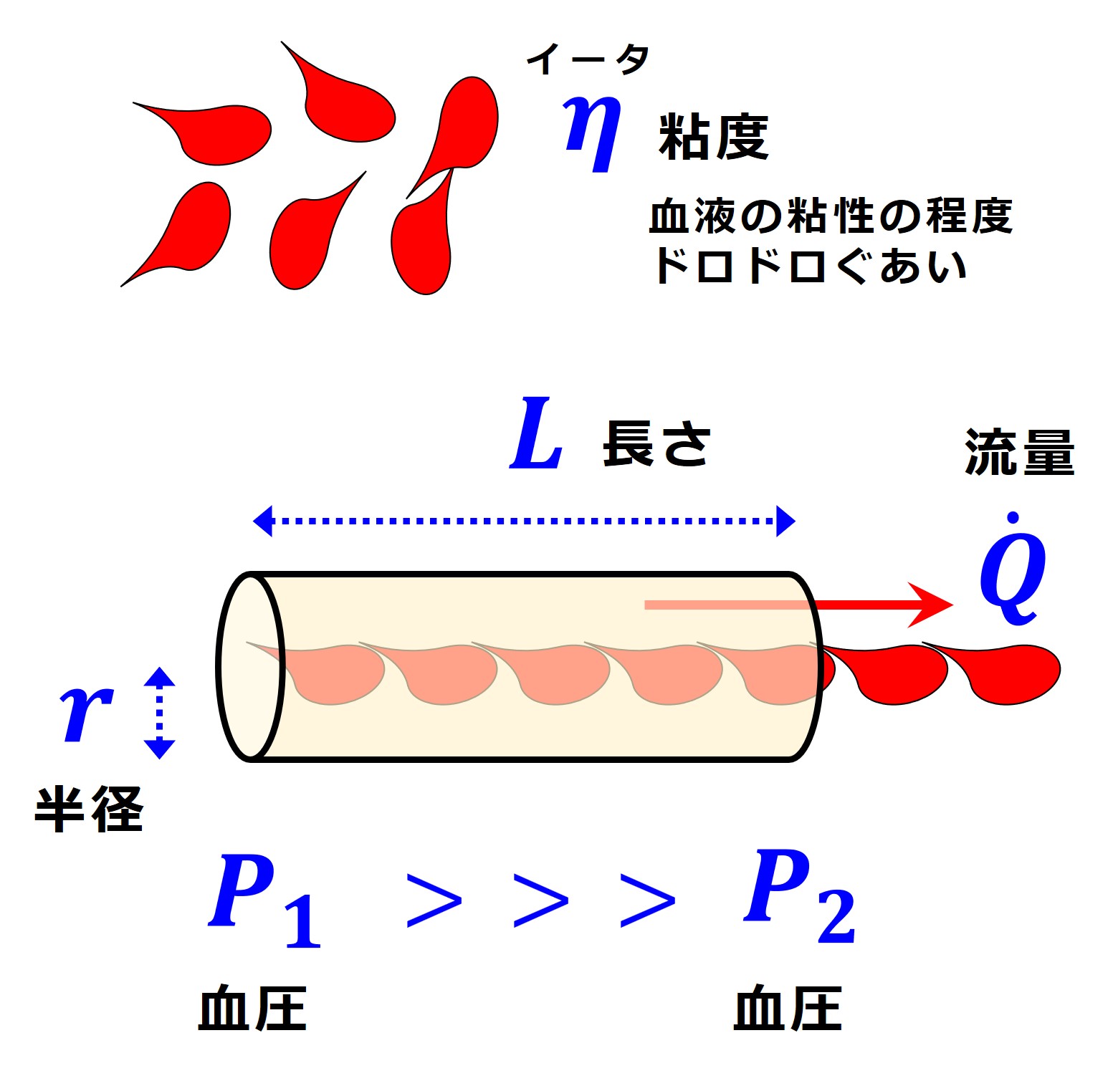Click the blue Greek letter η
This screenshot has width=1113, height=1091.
pos(592,133)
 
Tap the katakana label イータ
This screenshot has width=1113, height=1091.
pos(588,59)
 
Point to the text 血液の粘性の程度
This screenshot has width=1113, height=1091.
pos(830,216)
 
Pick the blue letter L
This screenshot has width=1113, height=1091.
pos(536,435)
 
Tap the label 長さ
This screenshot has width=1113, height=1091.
pos(656,444)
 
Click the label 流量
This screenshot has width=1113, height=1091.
pos(1019,453)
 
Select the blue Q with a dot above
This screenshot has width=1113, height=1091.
pos(1013,573)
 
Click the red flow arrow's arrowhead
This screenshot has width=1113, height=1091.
pos(932,605)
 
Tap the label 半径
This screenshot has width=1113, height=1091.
pos(89,809)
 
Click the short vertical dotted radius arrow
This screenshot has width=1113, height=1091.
pos(159,713)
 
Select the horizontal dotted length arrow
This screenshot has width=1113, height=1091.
pos(524,521)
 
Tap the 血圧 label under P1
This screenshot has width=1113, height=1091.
pos(252,1008)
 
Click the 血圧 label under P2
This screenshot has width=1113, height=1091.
pos(788,1008)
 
